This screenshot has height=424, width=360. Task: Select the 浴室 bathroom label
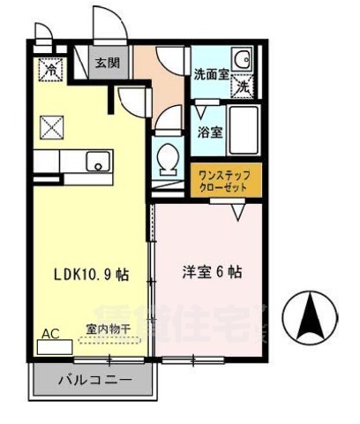pos(209,133)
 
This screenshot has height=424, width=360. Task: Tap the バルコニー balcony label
pos(96,382)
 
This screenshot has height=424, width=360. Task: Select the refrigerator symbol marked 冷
pos(51,67)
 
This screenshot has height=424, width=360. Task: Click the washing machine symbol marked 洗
pos(242,86)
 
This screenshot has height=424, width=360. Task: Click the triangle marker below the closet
pos(239,212)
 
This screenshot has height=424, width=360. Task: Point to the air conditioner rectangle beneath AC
pos(56,347)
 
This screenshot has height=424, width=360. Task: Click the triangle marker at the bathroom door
pos(205,111)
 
